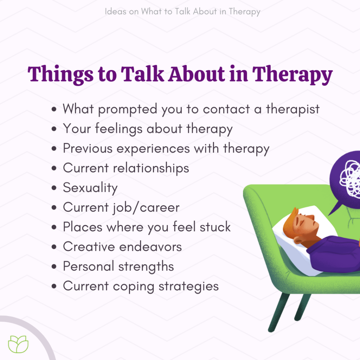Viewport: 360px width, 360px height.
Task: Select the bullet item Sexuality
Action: click(x=90, y=188)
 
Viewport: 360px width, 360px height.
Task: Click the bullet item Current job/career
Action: click(x=121, y=207)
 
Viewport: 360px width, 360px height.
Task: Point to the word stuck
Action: click(x=215, y=227)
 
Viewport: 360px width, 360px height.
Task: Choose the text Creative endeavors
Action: click(x=122, y=246)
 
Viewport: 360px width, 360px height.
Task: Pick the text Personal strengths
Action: click(x=118, y=266)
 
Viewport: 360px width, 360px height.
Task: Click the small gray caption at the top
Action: click(x=183, y=12)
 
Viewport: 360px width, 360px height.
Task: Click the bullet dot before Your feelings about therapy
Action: click(x=54, y=129)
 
